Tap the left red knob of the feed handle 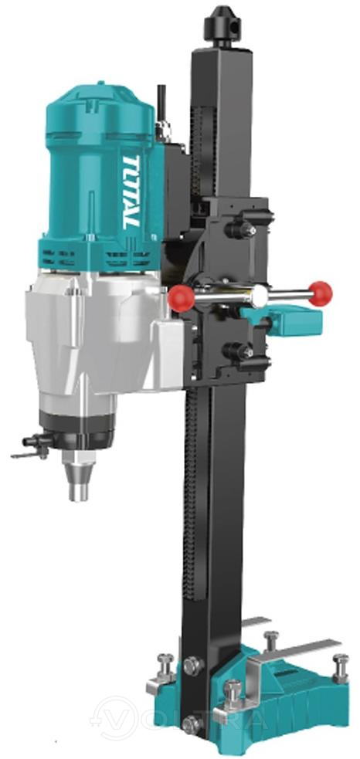tap(182, 298)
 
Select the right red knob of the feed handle tap(321, 294)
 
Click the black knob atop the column tap(222, 25)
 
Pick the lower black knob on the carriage tap(240, 351)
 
